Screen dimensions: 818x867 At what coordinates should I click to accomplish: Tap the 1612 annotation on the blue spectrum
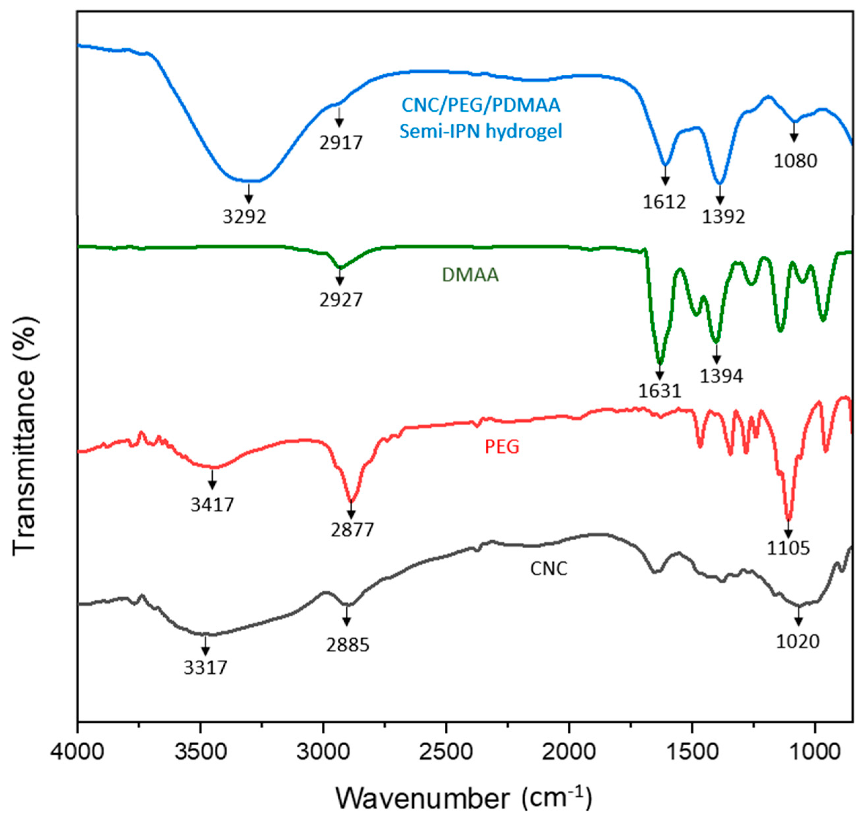click(664, 202)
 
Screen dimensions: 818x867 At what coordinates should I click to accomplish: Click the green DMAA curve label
click(470, 275)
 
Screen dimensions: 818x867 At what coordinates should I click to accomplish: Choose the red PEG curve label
click(502, 447)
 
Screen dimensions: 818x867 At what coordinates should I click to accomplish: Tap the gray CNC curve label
click(548, 569)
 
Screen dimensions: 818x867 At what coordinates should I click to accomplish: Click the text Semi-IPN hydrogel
click(481, 131)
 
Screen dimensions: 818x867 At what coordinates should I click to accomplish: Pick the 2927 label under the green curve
click(341, 300)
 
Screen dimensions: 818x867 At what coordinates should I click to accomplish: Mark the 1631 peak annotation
click(660, 391)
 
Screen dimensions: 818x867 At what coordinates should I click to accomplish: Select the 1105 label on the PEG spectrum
click(788, 548)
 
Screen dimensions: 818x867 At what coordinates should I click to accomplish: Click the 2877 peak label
click(352, 530)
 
